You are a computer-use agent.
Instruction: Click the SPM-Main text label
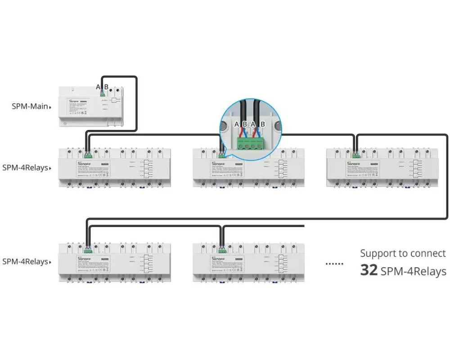30,107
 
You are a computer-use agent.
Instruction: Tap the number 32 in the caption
369,270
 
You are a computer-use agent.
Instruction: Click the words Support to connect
403,253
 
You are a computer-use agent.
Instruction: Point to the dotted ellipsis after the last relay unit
334,264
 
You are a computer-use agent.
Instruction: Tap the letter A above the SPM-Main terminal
98,87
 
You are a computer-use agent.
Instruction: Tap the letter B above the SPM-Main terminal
106,87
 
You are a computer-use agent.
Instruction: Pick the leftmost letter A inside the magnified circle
237,124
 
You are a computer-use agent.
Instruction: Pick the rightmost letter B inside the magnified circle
263,124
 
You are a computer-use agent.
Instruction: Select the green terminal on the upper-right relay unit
356,156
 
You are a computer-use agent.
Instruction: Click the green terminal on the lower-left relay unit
87,249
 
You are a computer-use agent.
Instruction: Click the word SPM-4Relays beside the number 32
413,271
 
